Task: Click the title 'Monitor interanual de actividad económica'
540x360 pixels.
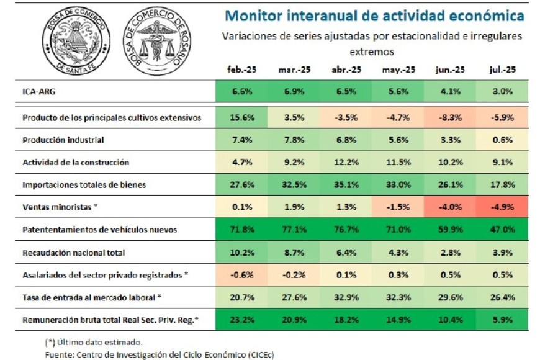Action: click(374, 16)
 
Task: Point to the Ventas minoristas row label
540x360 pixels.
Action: click(60, 207)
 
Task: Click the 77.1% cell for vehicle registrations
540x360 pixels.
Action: click(291, 230)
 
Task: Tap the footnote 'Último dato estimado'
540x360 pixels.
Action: click(94, 341)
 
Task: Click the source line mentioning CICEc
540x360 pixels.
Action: click(160, 354)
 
